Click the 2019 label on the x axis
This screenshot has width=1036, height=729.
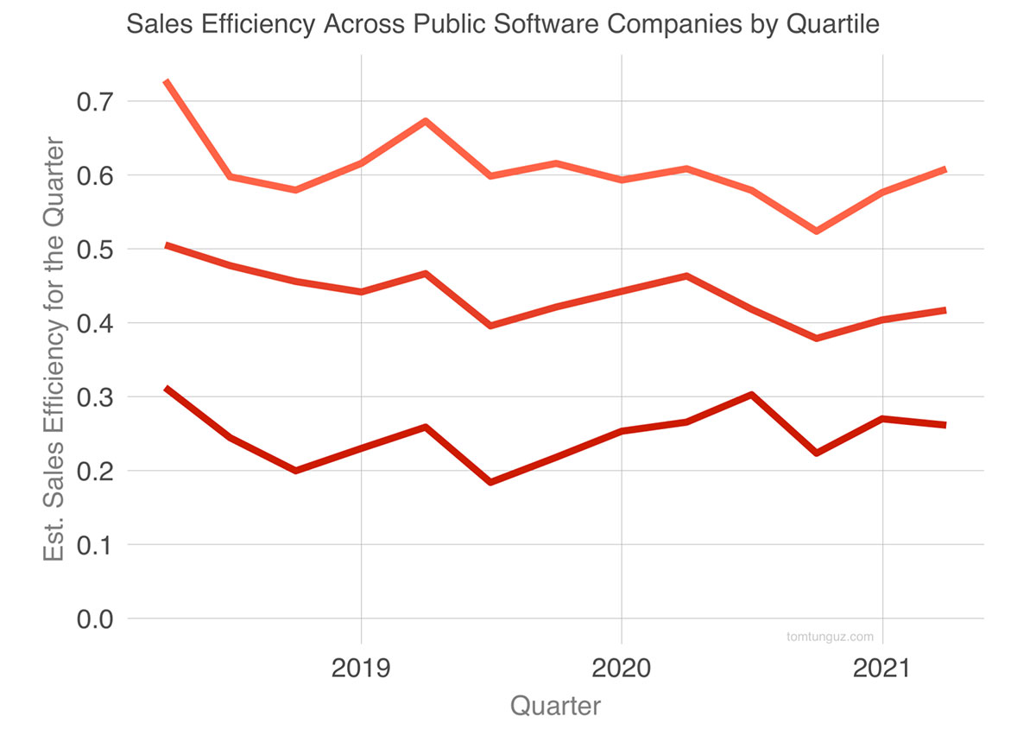click(x=361, y=669)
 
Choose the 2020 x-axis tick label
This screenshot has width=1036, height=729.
click(x=621, y=669)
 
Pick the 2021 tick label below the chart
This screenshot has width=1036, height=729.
click(x=881, y=669)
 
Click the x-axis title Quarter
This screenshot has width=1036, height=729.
click(x=555, y=707)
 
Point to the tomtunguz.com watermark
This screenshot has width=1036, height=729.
click(x=830, y=637)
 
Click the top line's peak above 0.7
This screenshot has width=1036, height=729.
click(x=166, y=81)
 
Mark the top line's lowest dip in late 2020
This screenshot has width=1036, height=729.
click(x=816, y=231)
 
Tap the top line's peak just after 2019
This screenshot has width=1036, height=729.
click(x=426, y=121)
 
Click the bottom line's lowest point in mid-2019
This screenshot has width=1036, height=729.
click(x=490, y=482)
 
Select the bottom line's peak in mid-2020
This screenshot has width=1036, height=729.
click(x=751, y=395)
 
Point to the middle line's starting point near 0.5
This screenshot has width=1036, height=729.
click(x=166, y=245)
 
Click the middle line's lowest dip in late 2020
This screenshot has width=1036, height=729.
click(x=816, y=338)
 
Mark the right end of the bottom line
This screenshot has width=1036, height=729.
click(x=944, y=425)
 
